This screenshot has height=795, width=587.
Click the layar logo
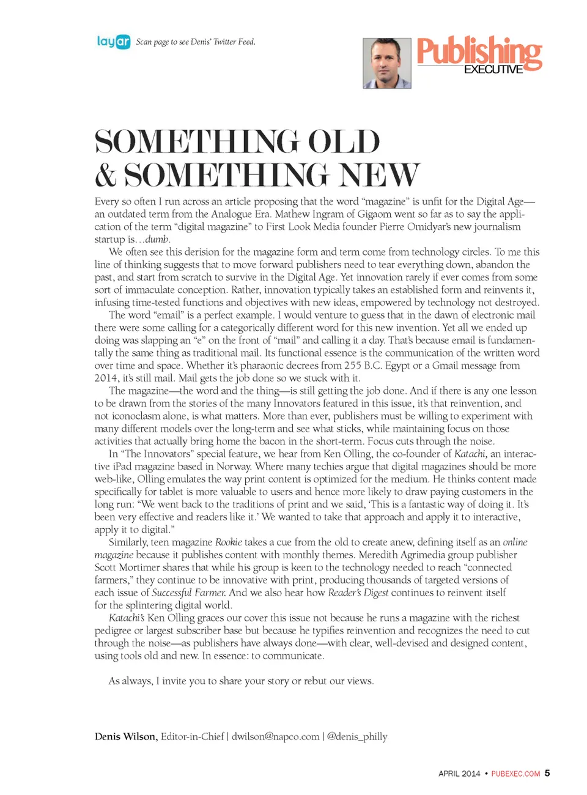(x=114, y=42)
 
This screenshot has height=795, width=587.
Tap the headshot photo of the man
(x=386, y=63)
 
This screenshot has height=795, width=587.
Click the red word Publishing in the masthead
(x=479, y=51)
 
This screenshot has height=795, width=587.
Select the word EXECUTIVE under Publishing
(x=493, y=70)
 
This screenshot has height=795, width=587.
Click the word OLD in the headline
(x=343, y=142)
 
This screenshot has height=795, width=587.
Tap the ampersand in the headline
(x=106, y=175)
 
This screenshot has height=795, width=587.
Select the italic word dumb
(x=157, y=239)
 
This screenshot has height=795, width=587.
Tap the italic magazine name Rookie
(x=229, y=542)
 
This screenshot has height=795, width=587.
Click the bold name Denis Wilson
(x=125, y=737)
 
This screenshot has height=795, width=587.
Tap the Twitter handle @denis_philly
(x=357, y=737)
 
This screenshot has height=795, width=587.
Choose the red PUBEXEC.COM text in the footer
(x=515, y=774)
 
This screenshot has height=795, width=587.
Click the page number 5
(x=547, y=773)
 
